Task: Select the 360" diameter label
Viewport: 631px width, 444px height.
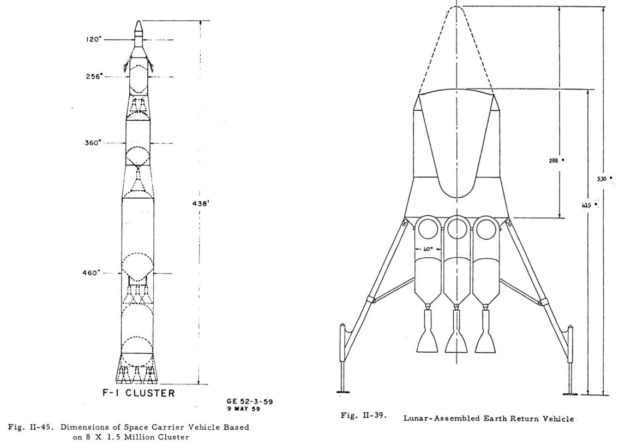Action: tap(92, 143)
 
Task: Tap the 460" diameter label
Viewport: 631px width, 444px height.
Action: tap(90, 273)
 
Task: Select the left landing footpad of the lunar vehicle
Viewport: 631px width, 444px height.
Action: tap(342, 390)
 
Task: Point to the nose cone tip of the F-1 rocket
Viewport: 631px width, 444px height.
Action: tap(138, 23)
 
